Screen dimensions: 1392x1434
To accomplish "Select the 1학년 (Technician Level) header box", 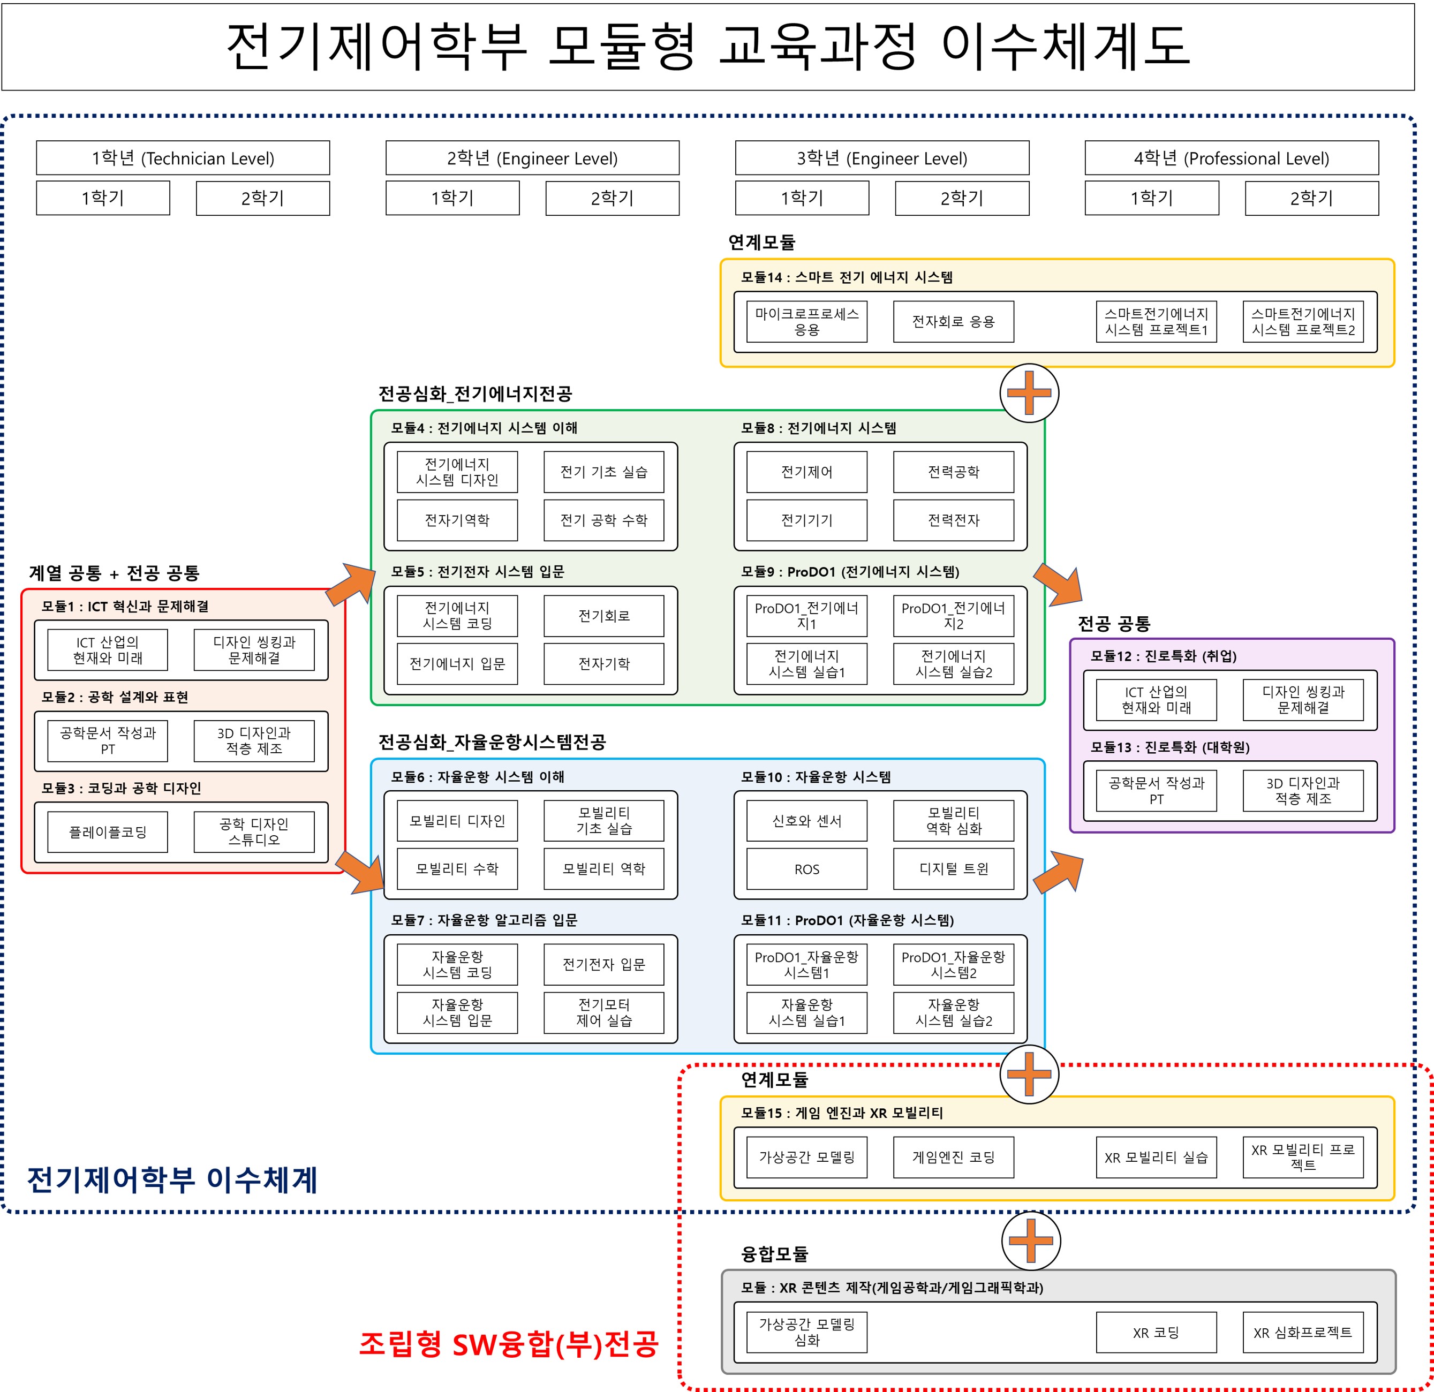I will pos(183,158).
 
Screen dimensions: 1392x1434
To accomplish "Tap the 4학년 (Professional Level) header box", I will pos(1232,158).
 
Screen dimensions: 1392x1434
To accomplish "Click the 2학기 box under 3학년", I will pos(961,198).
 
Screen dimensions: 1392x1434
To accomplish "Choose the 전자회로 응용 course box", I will pos(953,322).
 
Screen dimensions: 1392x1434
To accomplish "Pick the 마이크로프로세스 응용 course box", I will pos(806,322).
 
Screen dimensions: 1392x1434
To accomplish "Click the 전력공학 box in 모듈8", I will pos(953,472).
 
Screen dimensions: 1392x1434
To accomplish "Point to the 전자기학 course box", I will pos(603,663).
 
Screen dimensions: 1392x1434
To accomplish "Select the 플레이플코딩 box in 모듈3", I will pos(108,831).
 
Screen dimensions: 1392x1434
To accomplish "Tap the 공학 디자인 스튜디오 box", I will pos(254,831).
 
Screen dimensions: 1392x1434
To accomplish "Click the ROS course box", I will pos(806,869).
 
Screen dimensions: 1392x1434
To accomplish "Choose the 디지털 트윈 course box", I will pos(953,869).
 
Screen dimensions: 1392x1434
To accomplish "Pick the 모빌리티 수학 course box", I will pos(457,869).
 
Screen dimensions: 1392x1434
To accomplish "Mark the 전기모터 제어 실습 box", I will pos(603,1012).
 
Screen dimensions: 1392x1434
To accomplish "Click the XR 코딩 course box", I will pos(1156,1333).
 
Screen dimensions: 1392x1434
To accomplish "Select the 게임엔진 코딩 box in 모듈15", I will pos(953,1157).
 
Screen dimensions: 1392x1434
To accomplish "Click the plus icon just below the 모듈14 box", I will pos(1029,393).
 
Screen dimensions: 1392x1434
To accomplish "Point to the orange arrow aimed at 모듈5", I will pos(350,585).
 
